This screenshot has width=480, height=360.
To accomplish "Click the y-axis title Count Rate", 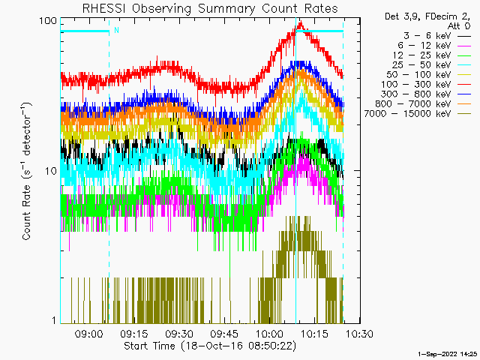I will (x=28, y=171).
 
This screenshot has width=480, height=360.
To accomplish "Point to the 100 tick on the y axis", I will (x=48, y=20).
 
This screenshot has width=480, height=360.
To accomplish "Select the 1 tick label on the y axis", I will (x=53, y=321).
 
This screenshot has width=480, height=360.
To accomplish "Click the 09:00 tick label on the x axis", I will (x=89, y=334).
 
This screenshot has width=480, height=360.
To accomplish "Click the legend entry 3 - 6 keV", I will (x=428, y=35).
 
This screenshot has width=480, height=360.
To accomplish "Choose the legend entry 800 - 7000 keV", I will (x=418, y=103).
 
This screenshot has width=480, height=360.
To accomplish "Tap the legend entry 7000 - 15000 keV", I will (x=415, y=113).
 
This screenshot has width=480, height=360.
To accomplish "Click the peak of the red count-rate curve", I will (x=299, y=24).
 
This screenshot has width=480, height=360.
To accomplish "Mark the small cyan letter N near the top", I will (x=116, y=31).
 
